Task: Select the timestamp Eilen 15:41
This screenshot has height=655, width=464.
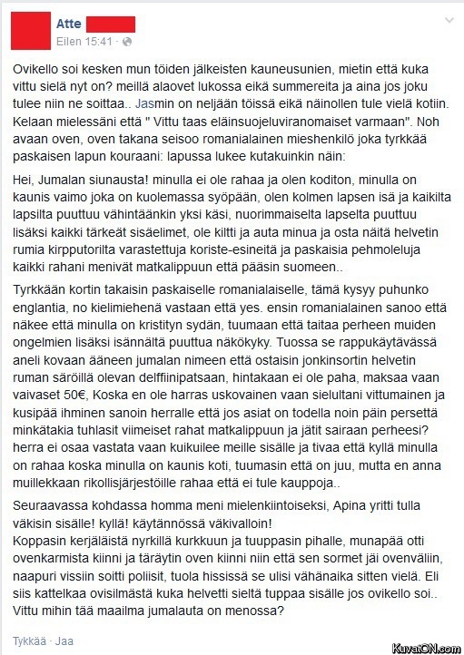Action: click(x=85, y=42)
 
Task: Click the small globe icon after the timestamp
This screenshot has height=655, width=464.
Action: click(x=126, y=42)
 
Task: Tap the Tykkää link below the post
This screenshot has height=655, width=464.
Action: click(x=26, y=638)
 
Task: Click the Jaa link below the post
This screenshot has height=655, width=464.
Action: click(x=64, y=638)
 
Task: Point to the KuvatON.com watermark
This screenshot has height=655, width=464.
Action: click(x=425, y=646)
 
